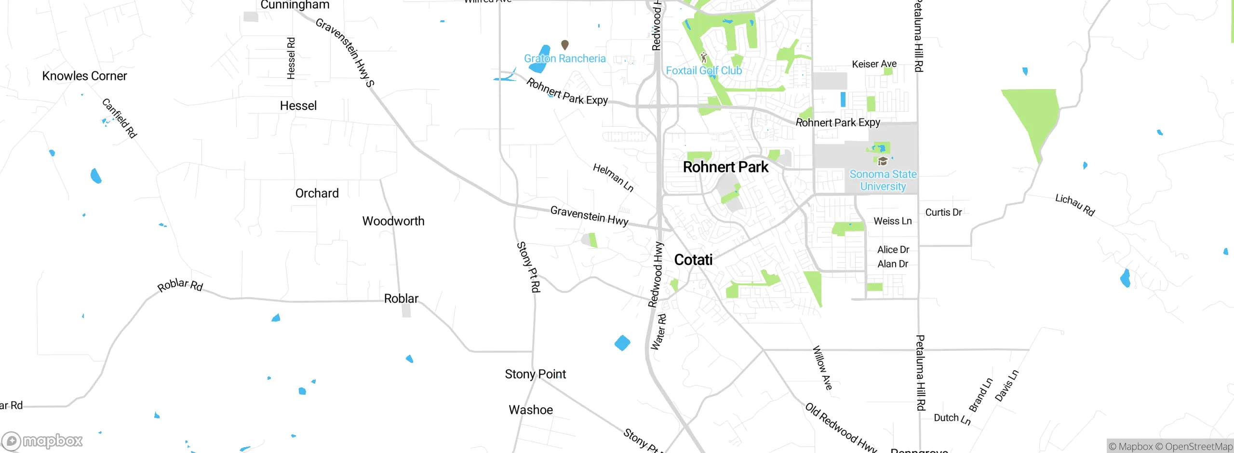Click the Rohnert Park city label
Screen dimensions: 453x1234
point(725,167)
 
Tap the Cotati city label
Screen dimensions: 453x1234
point(693,260)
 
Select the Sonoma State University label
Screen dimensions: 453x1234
point(883,180)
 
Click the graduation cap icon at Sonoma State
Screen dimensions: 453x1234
point(883,161)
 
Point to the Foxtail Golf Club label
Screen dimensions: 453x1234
point(704,71)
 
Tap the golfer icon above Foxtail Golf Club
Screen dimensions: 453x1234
point(704,58)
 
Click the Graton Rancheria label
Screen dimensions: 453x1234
point(564,59)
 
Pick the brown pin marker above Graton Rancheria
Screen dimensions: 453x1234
point(565,45)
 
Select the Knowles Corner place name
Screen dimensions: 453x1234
point(84,76)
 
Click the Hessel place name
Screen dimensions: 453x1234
point(298,106)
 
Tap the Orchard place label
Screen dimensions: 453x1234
point(317,193)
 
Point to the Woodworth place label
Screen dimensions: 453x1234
point(393,221)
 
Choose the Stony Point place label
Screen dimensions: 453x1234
point(535,374)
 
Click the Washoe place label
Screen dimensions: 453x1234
point(531,410)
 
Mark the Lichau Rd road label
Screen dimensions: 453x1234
point(1075,205)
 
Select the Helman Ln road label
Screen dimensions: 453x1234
point(613,177)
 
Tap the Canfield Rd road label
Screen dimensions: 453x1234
point(120,118)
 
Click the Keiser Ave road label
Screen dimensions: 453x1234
point(874,64)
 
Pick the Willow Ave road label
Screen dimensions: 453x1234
point(822,367)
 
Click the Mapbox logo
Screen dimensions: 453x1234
point(42,441)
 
